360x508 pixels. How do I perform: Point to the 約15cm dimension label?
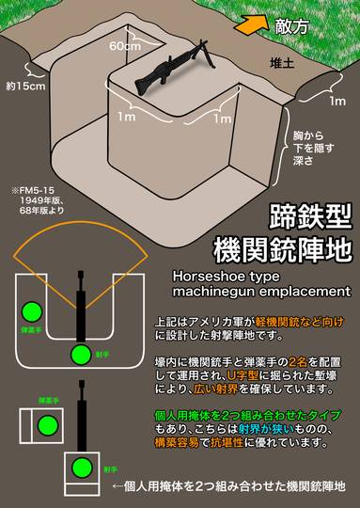[25, 86]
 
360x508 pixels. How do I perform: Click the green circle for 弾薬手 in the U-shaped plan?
[33, 310]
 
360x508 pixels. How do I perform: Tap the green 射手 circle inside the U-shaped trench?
[82, 354]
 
